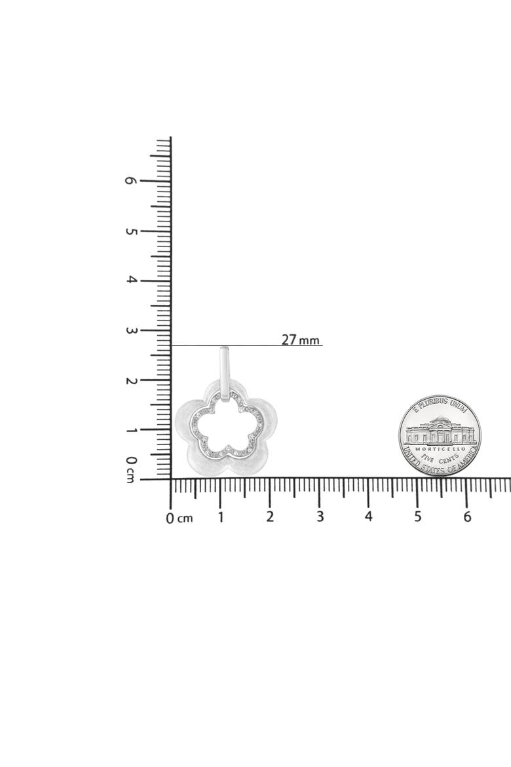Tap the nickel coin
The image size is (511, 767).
[x=440, y=435]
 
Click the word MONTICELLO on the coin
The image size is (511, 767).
[x=439, y=448]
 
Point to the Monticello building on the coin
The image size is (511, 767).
[x=440, y=431]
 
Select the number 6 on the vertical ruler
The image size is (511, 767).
[x=130, y=180]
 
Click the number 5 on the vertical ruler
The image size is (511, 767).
[x=130, y=230]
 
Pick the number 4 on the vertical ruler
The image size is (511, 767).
[x=130, y=281]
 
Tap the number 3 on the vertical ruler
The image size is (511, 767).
[x=130, y=330]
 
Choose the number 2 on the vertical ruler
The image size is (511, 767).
[x=130, y=380]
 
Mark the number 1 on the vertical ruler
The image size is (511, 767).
[x=130, y=430]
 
